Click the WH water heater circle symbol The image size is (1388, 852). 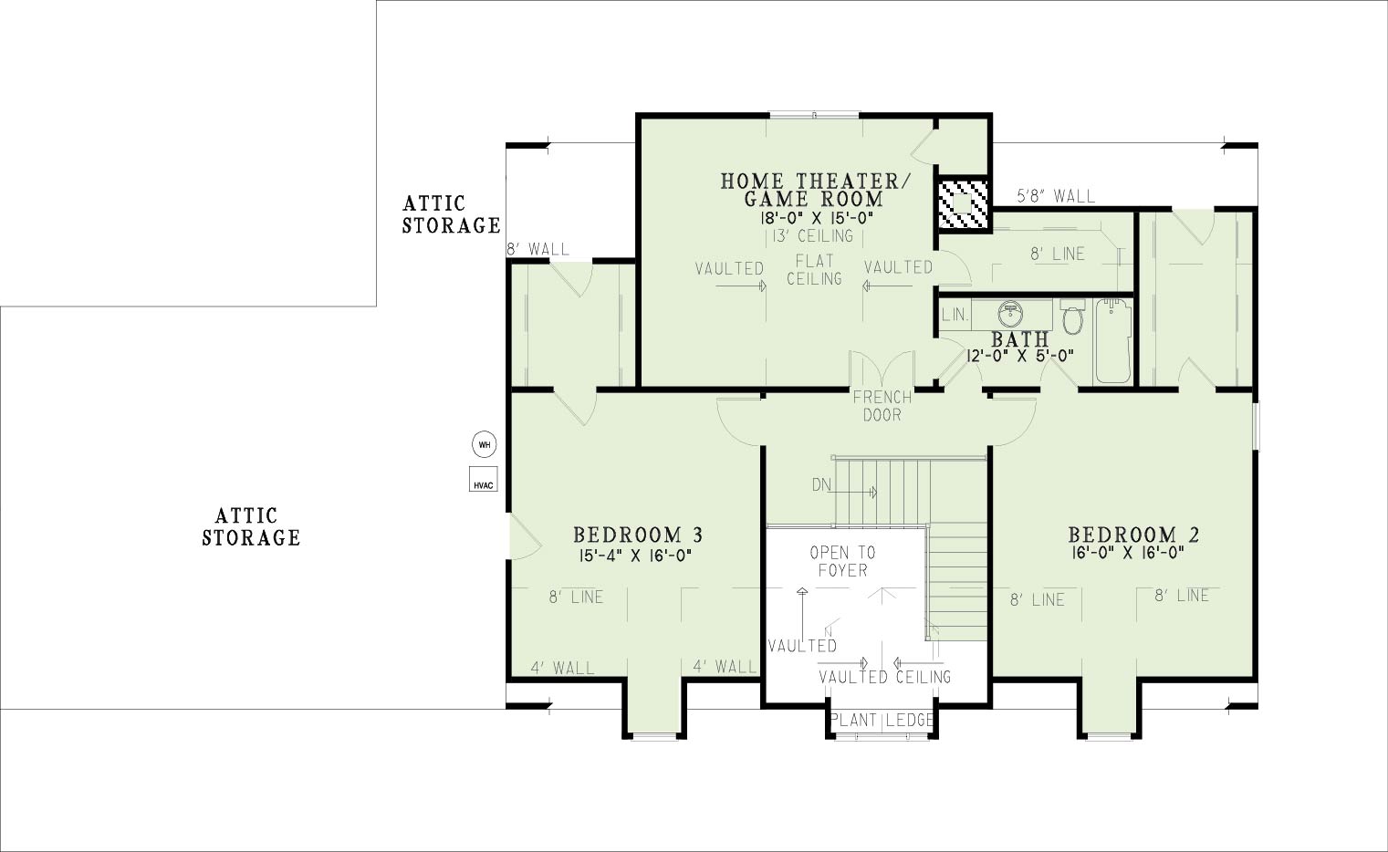click(x=485, y=444)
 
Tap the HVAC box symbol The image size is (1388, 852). click(x=484, y=479)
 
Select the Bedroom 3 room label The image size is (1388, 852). click(x=638, y=534)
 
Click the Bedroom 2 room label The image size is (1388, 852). click(x=1133, y=534)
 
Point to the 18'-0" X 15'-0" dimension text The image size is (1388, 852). click(x=817, y=217)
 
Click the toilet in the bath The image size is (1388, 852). click(x=1072, y=316)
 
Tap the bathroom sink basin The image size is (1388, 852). click(x=1011, y=315)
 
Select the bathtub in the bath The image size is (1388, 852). click(x=1113, y=341)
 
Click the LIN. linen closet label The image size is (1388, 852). click(x=955, y=315)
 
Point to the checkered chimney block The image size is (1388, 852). click(x=963, y=203)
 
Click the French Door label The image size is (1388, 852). click(x=882, y=406)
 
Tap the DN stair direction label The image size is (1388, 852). click(x=821, y=484)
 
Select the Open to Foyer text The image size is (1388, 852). click(x=842, y=561)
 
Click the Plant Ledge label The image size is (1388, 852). click(x=882, y=720)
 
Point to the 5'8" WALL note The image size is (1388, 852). click(x=1056, y=196)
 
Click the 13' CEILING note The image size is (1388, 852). click(x=812, y=236)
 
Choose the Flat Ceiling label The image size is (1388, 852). click(x=814, y=269)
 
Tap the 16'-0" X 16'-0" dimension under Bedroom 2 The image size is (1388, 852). click(x=1127, y=553)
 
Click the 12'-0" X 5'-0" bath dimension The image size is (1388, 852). click(x=1020, y=356)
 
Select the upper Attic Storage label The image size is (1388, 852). click(x=451, y=214)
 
